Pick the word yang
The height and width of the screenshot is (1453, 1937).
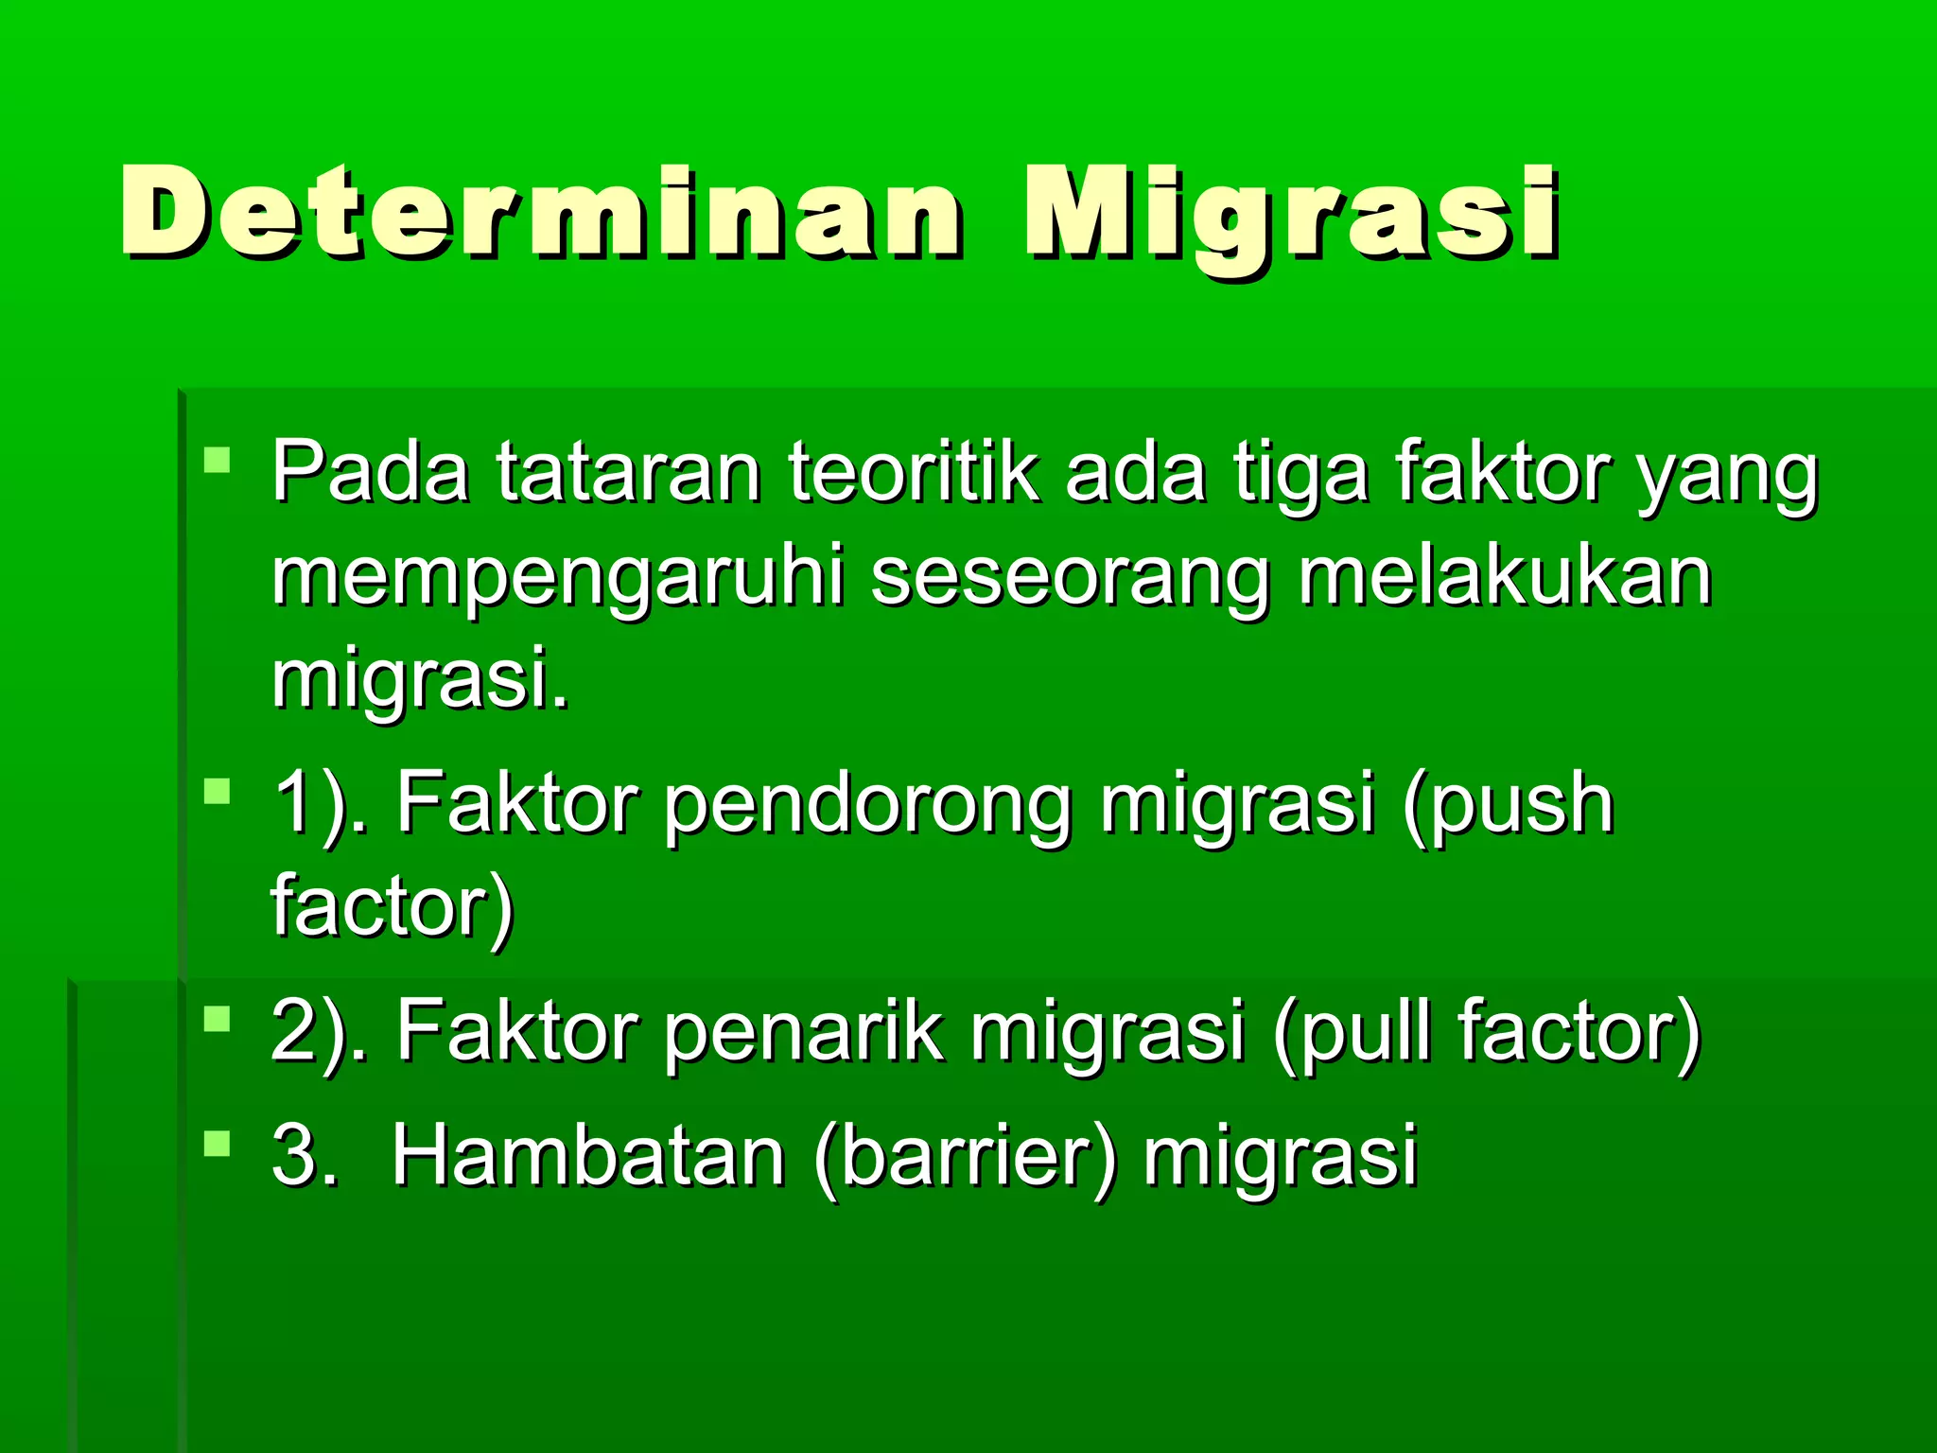(1727, 479)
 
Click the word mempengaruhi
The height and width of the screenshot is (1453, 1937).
(557, 579)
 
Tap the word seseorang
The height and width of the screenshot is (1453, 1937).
(1070, 579)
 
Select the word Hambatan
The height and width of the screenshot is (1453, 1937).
(587, 1155)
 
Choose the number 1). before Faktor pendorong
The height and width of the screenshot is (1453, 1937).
(320, 805)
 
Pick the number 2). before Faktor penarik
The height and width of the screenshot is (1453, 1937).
(320, 1032)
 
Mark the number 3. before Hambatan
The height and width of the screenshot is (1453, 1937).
(305, 1155)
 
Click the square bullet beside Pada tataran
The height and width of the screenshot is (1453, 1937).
(218, 462)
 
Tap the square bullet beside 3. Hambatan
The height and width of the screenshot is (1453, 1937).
(218, 1144)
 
